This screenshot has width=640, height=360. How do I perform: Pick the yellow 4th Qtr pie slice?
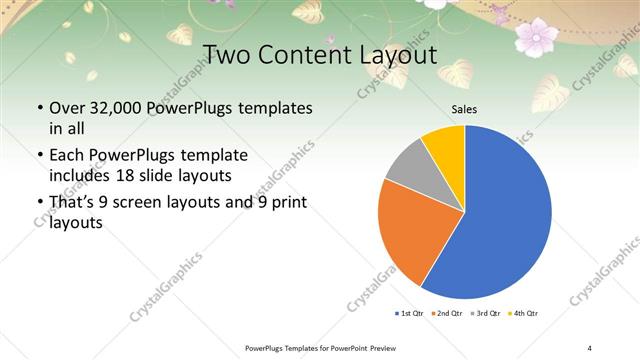point(444,146)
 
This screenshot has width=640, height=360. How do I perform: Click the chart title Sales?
point(464,109)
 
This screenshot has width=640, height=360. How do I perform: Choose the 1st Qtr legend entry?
point(412,313)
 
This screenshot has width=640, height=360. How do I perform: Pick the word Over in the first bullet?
point(66,107)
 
